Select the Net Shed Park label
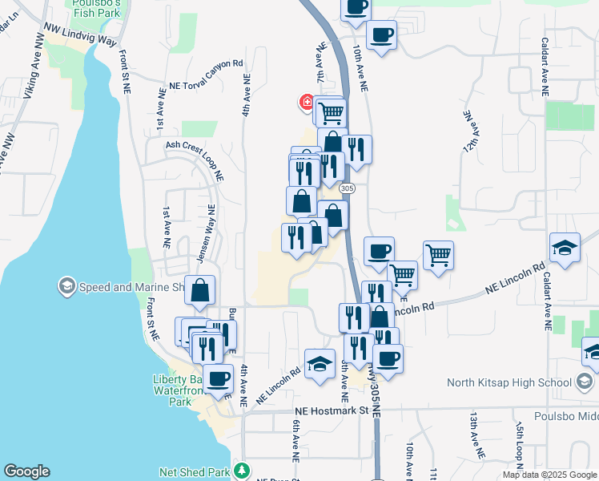[201, 471]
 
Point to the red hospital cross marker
[306, 102]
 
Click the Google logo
[26, 471]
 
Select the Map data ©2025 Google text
[550, 475]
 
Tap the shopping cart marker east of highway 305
[437, 256]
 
